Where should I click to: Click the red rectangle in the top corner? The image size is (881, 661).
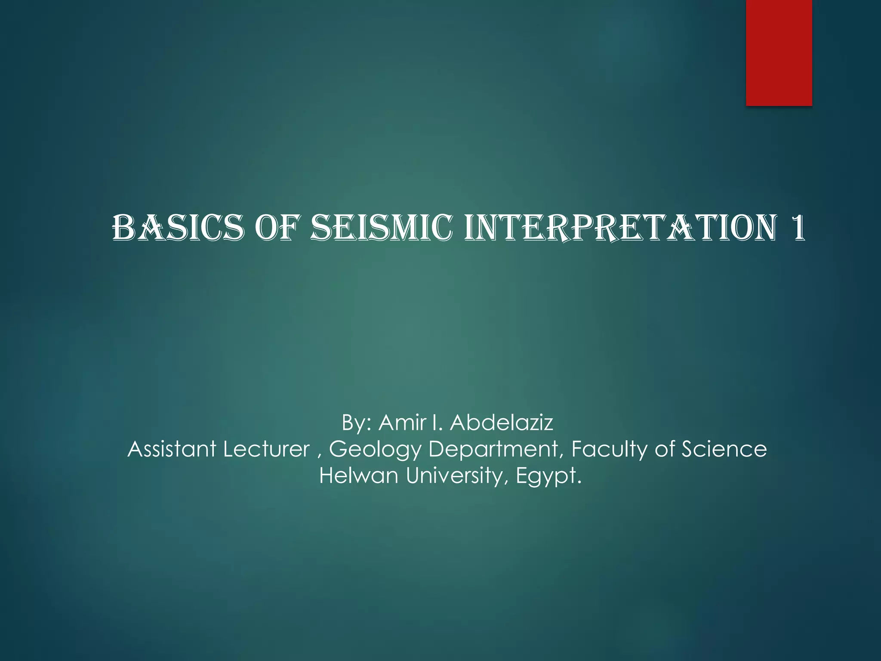(x=779, y=53)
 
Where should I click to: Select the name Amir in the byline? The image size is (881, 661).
(x=402, y=423)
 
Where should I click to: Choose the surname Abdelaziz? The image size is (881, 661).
(x=501, y=423)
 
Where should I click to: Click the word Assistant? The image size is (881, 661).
(x=172, y=449)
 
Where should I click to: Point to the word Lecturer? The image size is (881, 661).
(x=266, y=449)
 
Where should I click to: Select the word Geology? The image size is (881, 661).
(x=375, y=450)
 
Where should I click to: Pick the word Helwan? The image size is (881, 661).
(x=358, y=476)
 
